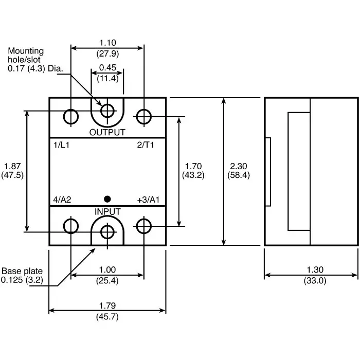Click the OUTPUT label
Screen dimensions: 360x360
107,132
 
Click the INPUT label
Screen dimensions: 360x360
107,211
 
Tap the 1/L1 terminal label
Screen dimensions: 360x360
61,145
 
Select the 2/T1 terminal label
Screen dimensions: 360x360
146,145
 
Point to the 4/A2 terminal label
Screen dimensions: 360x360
62,200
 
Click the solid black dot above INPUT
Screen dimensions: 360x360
107,199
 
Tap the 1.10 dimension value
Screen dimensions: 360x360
107,43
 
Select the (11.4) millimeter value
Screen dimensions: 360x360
107,78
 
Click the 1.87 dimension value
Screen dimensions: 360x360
12,166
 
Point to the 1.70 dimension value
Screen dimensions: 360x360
193,166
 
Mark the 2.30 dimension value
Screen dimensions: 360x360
239,166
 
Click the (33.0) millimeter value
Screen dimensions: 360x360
315,281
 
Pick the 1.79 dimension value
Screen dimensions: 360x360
107,306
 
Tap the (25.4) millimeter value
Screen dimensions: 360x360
107,281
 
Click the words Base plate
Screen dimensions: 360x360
22,271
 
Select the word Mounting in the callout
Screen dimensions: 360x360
26,51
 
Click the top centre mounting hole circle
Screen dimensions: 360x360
107,110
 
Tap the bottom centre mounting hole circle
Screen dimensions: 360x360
107,232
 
